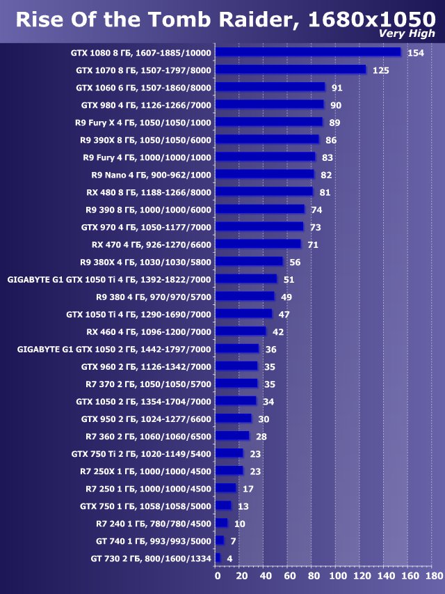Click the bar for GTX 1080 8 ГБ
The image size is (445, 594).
click(308, 52)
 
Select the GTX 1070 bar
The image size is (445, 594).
click(291, 70)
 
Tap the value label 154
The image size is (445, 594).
click(416, 53)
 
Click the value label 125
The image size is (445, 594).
click(381, 70)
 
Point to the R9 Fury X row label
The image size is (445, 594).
click(143, 123)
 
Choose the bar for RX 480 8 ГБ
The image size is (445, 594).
click(264, 192)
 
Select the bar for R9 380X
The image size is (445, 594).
click(249, 261)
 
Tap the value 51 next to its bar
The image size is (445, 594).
click(289, 279)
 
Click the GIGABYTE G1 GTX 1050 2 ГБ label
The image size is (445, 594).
click(114, 349)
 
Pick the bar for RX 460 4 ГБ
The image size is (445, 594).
click(241, 331)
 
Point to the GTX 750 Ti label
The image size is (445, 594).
click(141, 453)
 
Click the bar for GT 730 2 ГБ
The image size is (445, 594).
click(218, 558)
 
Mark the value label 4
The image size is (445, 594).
click(229, 558)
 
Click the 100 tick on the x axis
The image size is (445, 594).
click(337, 577)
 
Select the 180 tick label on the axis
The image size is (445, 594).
click(433, 577)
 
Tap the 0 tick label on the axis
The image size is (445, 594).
click(217, 577)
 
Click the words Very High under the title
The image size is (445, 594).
click(407, 33)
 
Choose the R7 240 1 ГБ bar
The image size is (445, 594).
click(221, 523)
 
